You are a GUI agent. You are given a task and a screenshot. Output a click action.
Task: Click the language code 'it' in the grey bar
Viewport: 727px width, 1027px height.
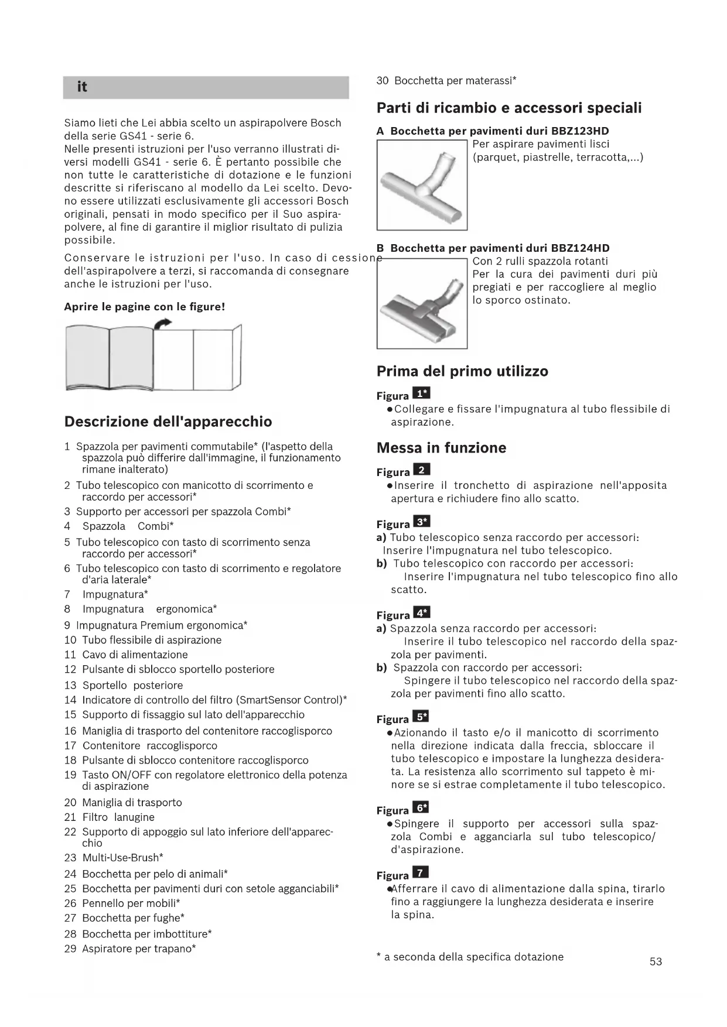coord(82,87)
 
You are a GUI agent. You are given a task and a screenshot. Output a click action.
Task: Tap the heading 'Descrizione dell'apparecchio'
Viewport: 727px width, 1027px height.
coord(168,422)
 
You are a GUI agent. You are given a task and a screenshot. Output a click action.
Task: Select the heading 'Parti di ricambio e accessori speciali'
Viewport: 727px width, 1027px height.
coord(509,108)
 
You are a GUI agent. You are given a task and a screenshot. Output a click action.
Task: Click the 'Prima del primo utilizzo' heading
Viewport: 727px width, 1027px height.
coord(462,371)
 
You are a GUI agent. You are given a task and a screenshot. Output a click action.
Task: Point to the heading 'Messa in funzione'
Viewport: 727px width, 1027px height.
coord(441,448)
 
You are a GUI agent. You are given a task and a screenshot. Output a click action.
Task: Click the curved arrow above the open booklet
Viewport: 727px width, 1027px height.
coord(163,323)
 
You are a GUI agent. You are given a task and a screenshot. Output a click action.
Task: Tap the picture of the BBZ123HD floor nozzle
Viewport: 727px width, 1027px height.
coord(422,185)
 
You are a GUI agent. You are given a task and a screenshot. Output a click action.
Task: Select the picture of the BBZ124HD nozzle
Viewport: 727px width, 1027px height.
coord(422,303)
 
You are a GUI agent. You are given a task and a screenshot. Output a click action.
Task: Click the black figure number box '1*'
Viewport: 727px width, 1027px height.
coord(421,393)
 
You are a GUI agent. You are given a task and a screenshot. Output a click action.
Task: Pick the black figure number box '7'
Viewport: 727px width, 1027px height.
coord(421,873)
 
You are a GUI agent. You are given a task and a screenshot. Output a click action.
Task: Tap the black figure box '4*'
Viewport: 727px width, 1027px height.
coord(421,613)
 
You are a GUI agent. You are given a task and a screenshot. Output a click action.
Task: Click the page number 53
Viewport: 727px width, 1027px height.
coord(656,961)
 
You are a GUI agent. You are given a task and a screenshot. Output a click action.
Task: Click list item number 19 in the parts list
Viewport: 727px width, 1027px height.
coord(70,775)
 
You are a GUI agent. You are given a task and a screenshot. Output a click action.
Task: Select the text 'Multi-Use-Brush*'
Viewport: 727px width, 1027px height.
coord(122,858)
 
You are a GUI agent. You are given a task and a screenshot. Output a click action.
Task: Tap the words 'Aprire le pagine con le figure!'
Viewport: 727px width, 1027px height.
coord(145,307)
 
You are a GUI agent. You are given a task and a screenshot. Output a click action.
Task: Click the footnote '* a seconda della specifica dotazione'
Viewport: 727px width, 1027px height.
coord(470,957)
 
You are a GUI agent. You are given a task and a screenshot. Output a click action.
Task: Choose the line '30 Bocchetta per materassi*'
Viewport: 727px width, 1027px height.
coord(446,81)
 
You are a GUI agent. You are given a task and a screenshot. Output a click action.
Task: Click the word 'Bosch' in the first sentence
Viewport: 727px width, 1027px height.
coord(326,123)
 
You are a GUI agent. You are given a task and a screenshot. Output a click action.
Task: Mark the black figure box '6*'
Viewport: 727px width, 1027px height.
coord(421,808)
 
